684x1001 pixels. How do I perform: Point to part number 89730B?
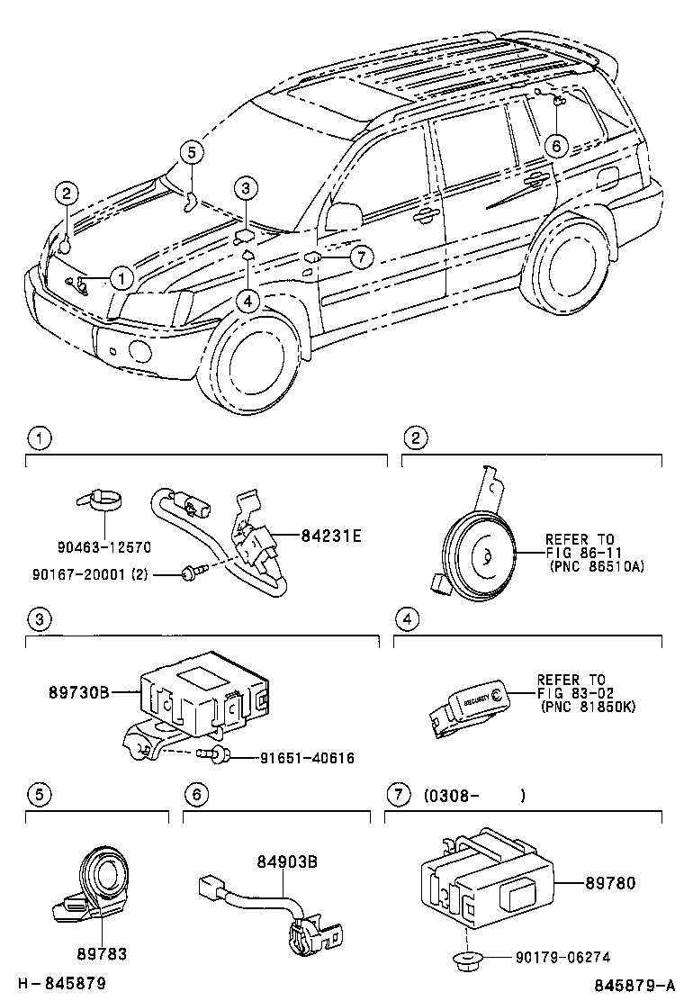(x=78, y=692)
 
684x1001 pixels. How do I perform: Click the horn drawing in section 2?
(x=477, y=558)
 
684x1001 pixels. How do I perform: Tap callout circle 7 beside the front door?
(x=360, y=257)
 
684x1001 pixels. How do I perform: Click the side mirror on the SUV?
(x=341, y=216)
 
